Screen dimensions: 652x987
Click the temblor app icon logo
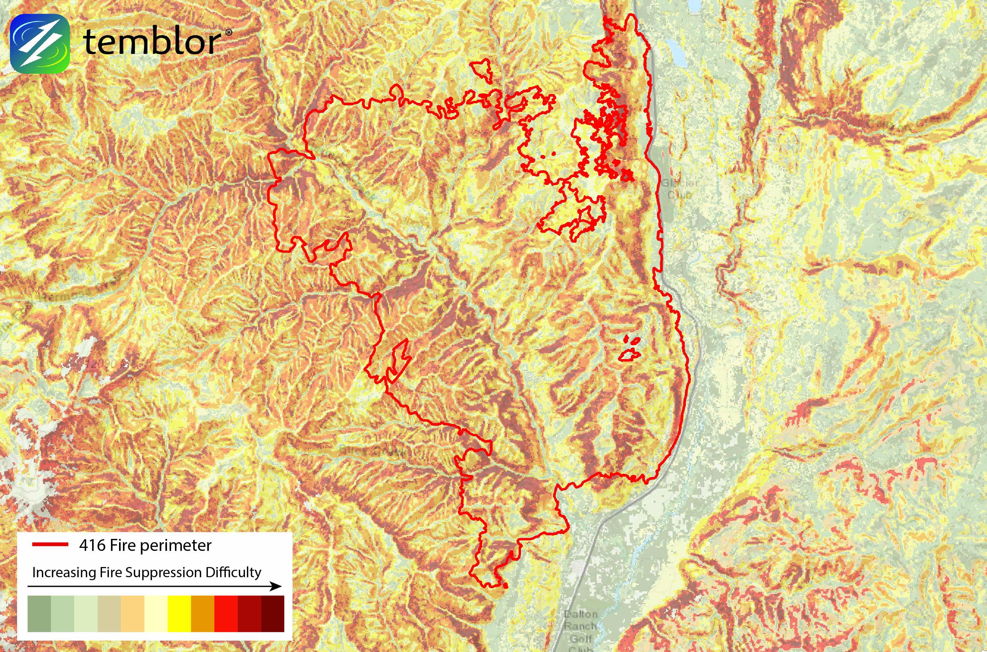pyautogui.click(x=39, y=43)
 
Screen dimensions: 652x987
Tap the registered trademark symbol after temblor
pyautogui.click(x=228, y=32)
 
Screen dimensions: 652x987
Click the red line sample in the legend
pyautogui.click(x=50, y=544)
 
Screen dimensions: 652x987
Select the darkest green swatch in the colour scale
pyautogui.click(x=39, y=614)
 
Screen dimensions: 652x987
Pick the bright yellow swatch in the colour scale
pyautogui.click(x=179, y=614)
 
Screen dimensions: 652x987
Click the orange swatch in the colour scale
pyautogui.click(x=202, y=614)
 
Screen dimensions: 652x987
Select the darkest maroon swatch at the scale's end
pyautogui.click(x=272, y=614)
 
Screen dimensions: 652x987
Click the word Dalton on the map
pyautogui.click(x=581, y=614)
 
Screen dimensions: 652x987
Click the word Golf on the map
pyautogui.click(x=581, y=638)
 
